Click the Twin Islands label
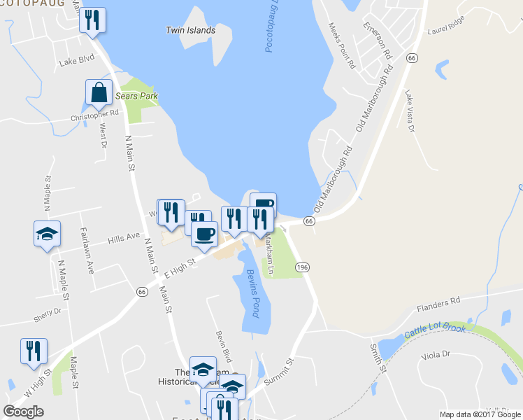(190, 30)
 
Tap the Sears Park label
(137, 96)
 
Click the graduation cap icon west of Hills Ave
(48, 234)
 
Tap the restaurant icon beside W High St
(34, 351)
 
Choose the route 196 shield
(303, 267)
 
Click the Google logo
(24, 411)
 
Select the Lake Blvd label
(77, 62)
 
